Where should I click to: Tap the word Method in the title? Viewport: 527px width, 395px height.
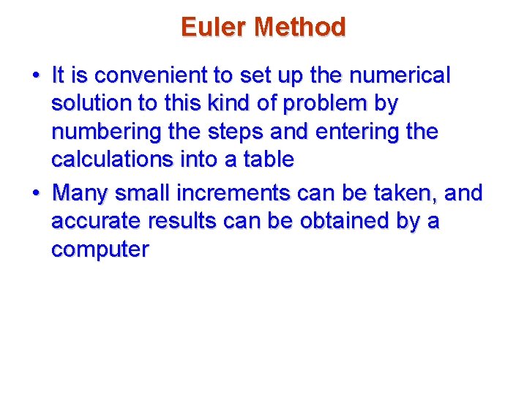pos(299,28)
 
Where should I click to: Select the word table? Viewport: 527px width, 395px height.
pos(269,160)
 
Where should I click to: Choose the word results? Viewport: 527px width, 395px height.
pos(190,222)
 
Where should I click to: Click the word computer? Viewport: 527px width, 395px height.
pos(100,250)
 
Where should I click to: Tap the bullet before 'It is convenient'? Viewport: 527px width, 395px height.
pos(35,76)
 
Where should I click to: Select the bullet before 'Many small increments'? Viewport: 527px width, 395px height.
pos(35,194)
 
